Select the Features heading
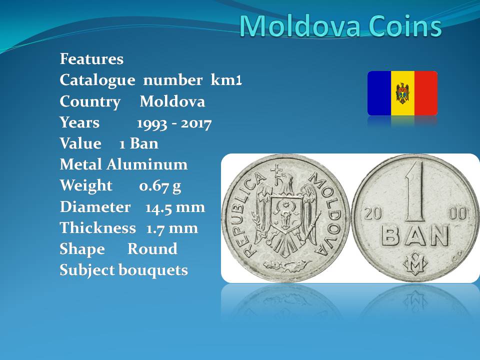[91, 59]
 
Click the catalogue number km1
[226, 80]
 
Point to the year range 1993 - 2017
[174, 123]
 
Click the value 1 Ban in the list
[138, 143]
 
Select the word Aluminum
[146, 164]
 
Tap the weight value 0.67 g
[160, 186]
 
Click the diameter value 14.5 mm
[175, 207]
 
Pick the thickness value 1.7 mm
[172, 228]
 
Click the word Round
[152, 249]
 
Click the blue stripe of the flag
[379, 93]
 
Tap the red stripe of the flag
[426, 93]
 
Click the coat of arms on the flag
[402, 93]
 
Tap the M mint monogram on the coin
[415, 263]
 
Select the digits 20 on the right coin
[372, 213]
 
